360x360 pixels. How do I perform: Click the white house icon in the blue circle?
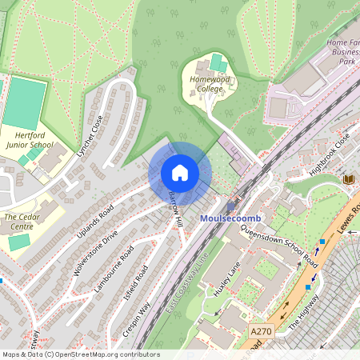(x=180, y=173)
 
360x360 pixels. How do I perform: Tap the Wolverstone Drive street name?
(x=95, y=253)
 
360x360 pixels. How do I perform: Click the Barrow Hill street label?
(x=175, y=208)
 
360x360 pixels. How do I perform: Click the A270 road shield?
(x=261, y=330)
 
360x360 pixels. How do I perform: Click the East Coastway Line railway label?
(x=186, y=284)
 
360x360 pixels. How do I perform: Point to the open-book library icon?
(x=348, y=179)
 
